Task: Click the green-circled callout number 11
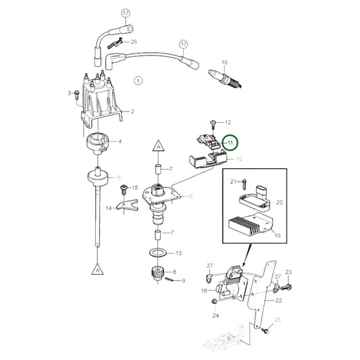[x=230, y=143]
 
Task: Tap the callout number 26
[x=134, y=41]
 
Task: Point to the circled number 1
[x=139, y=80]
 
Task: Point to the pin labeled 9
[x=176, y=280]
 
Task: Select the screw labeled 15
[x=124, y=188]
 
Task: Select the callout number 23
[x=289, y=272]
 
